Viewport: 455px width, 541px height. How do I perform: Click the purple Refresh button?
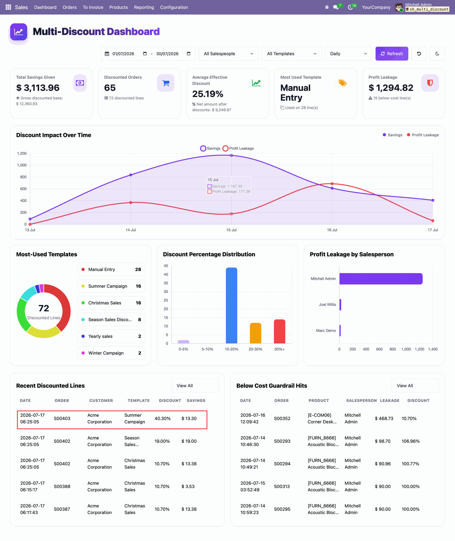(391, 54)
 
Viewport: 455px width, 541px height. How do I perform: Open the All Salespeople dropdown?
(228, 54)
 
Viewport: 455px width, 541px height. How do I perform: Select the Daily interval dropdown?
(348, 54)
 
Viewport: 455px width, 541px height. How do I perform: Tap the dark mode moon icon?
(437, 54)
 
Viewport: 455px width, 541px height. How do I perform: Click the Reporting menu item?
(144, 7)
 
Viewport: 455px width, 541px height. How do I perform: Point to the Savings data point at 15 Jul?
(231, 156)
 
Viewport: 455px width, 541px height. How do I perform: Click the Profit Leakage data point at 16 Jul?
(332, 184)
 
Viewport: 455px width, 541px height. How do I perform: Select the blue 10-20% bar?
(231, 305)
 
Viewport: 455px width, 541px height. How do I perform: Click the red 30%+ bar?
(279, 331)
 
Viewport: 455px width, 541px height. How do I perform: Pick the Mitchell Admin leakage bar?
(381, 279)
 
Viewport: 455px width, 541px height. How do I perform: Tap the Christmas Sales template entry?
(111, 303)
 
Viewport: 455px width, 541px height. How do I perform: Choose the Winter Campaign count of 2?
(140, 353)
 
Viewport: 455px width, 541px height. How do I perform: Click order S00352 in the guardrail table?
(282, 418)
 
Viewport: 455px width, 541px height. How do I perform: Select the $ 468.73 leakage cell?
(384, 418)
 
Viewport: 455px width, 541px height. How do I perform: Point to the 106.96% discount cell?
(411, 441)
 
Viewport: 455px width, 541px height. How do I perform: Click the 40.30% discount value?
(163, 418)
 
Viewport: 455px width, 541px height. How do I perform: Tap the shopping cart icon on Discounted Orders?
(166, 83)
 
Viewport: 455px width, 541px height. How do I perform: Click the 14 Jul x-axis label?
(131, 230)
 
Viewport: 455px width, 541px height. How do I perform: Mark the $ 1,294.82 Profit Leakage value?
(391, 88)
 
